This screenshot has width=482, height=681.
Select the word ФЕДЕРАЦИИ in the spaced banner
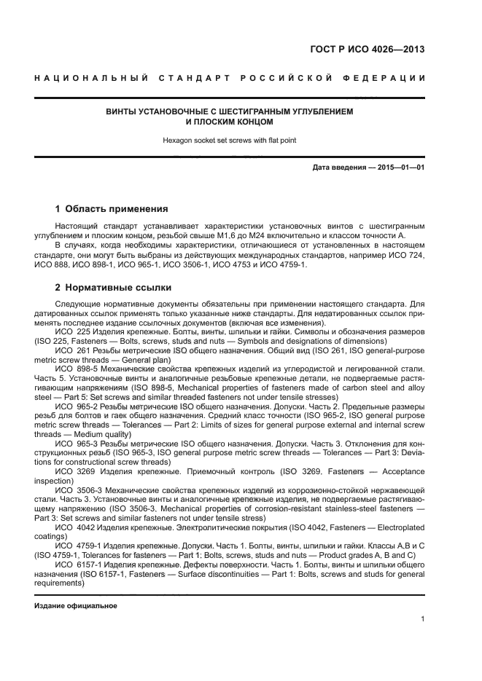tap(392, 77)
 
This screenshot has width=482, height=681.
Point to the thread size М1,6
tap(252, 237)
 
